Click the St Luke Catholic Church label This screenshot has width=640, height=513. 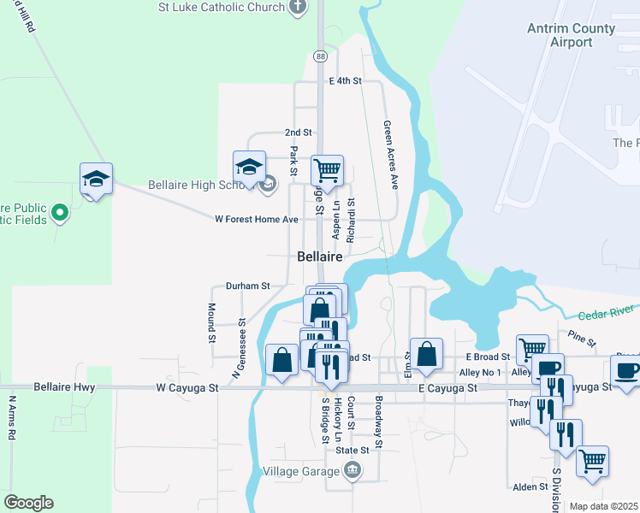pyautogui.click(x=221, y=8)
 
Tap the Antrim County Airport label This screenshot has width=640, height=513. pyautogui.click(x=572, y=35)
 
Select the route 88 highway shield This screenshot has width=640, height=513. pyautogui.click(x=320, y=56)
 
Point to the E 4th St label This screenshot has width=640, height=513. pyautogui.click(x=346, y=81)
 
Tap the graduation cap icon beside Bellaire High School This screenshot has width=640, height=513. pyautogui.click(x=249, y=167)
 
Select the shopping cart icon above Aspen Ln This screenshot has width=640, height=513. pyautogui.click(x=327, y=170)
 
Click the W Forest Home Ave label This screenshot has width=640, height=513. pyautogui.click(x=256, y=220)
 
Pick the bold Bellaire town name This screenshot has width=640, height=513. pyautogui.click(x=320, y=256)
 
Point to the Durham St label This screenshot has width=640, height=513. pyautogui.click(x=247, y=286)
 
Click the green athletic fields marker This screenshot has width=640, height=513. pyautogui.click(x=59, y=211)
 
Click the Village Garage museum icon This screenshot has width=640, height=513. pyautogui.click(x=353, y=469)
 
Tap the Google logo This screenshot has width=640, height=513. pyautogui.click(x=28, y=503)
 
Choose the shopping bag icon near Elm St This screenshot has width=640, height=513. pyautogui.click(x=425, y=354)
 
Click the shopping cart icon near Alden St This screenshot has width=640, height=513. pyautogui.click(x=592, y=461)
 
